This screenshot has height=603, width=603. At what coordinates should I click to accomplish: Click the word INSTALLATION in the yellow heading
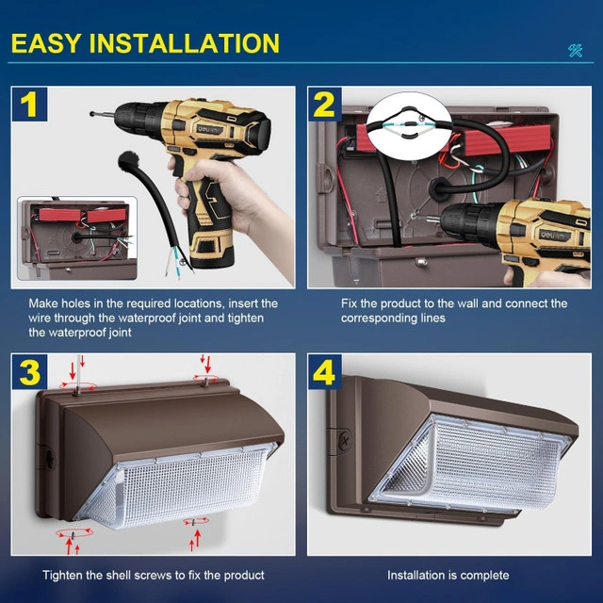(185, 43)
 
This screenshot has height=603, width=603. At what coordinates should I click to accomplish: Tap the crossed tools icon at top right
(576, 50)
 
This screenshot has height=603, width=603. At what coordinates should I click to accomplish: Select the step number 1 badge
(29, 105)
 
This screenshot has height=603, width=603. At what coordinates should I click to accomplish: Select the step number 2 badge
(325, 105)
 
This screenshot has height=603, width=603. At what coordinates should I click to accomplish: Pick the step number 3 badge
(29, 372)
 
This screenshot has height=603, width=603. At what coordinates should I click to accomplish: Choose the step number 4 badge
(325, 372)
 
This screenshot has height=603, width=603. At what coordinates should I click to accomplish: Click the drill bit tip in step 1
(92, 113)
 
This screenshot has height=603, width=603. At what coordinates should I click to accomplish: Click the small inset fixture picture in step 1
(77, 238)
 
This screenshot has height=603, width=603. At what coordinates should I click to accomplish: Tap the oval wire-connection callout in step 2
(408, 125)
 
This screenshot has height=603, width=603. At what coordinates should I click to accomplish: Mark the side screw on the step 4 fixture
(345, 441)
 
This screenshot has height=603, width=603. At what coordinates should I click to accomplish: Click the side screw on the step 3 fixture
(50, 459)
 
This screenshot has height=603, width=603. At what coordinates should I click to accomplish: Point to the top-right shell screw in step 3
(205, 382)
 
